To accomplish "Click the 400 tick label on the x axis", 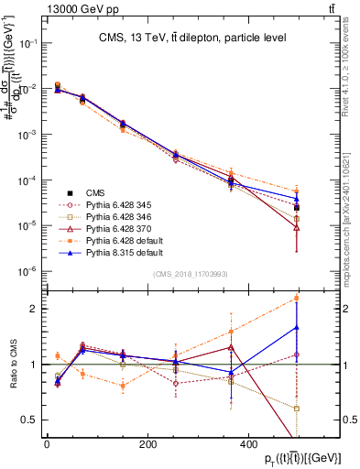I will [x=250, y=445].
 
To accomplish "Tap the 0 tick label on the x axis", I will [x=47, y=445].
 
